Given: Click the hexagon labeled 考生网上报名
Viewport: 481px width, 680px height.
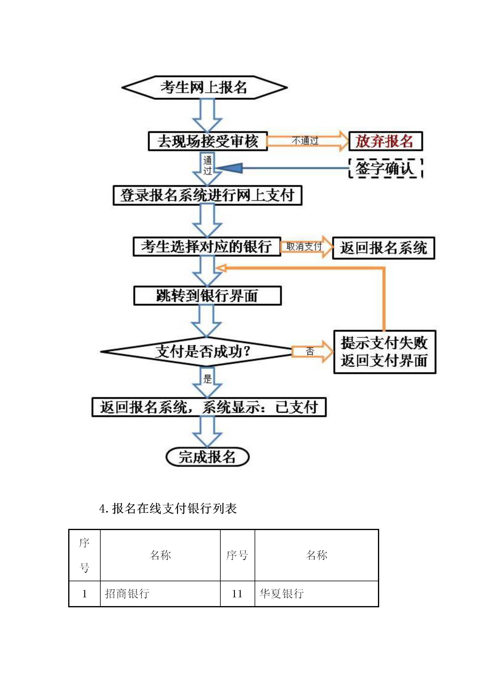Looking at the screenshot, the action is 204,88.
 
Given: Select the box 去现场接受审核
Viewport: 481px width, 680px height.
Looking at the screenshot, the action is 208,141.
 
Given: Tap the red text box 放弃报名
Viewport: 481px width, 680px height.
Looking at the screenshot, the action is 385,141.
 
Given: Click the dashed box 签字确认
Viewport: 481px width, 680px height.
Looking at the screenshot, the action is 385,168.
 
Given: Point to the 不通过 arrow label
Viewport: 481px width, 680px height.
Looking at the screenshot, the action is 305,141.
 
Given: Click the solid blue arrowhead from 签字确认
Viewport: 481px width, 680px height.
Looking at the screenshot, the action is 229,168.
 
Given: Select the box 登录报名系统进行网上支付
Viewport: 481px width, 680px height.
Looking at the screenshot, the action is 208,195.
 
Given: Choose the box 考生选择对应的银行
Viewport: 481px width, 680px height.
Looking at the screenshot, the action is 207,247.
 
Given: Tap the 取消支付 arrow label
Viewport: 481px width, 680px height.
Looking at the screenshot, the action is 304,247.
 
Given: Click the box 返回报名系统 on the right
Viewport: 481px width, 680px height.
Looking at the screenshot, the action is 383,248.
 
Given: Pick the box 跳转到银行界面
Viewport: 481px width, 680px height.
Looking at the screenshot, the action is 207,296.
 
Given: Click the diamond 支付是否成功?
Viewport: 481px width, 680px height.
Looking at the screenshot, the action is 197,352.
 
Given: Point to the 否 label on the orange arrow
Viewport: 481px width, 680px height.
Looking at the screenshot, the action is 310,351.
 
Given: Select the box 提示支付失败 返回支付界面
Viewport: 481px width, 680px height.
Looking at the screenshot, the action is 385,352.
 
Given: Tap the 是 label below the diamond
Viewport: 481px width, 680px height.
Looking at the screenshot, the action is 207,379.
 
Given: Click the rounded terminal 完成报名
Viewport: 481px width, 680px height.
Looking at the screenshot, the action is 207,457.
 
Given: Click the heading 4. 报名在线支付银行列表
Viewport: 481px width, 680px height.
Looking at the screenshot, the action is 168,509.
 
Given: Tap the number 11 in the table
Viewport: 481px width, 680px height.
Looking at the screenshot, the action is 237,594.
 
